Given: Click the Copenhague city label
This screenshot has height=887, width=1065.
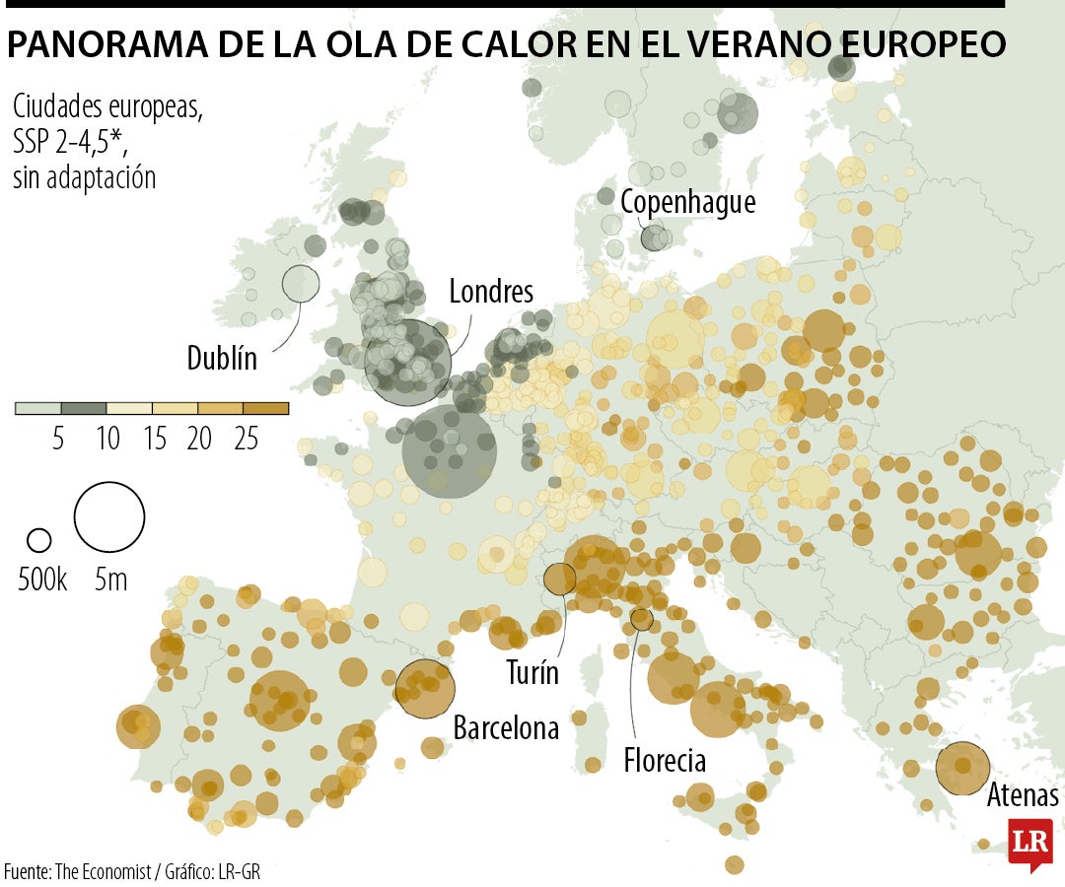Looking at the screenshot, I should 687,202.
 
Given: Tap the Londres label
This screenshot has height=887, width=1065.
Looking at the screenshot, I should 491,292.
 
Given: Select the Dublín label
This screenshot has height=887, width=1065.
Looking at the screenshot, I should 222,358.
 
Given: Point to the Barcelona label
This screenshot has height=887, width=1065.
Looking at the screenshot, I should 506,728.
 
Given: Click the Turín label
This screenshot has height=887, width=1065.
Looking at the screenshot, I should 532,674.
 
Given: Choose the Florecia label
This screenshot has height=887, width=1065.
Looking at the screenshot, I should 665,761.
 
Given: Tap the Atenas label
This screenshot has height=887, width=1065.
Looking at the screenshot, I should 1023,795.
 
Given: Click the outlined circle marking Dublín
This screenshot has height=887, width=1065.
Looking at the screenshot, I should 301,284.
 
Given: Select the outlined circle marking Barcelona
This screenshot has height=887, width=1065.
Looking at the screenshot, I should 425,689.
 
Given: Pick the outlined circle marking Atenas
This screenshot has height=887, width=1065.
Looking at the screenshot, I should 962,768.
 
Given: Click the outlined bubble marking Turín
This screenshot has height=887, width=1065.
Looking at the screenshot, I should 560,579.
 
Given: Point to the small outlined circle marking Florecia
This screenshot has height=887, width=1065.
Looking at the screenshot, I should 642,620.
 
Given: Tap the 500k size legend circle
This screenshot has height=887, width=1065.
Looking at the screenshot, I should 38,540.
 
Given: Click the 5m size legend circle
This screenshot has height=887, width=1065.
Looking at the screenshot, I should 109,516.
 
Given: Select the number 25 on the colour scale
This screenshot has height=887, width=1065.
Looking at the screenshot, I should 246,439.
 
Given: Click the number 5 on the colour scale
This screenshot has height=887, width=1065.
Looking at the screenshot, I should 58,439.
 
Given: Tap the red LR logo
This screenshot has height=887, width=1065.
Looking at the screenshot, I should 1029,843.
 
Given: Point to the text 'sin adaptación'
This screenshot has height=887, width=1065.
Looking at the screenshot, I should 85,178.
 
